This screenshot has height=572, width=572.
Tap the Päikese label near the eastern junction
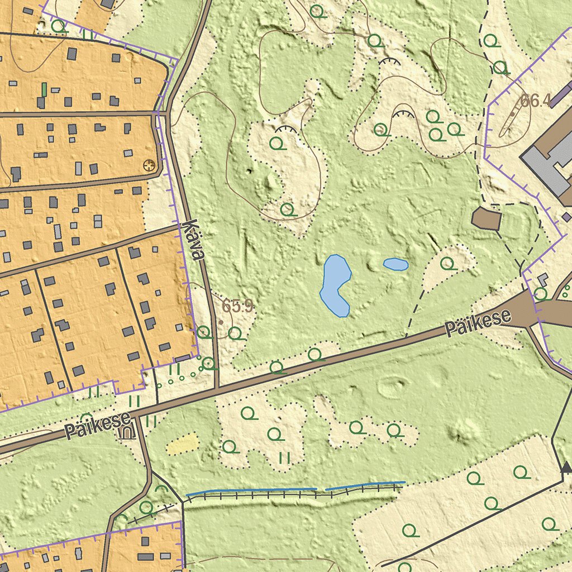click(478, 323)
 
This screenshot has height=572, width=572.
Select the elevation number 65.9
click(237, 306)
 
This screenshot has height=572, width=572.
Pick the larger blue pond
click(335, 284)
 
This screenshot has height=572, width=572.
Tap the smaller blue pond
click(395, 264)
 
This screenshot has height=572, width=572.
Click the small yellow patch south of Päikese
click(183, 445)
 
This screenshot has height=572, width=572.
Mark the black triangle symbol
click(566, 467)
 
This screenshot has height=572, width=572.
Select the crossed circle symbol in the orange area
click(149, 165)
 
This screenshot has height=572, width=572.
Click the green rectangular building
click(44, 89)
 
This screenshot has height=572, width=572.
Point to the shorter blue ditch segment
click(366, 485)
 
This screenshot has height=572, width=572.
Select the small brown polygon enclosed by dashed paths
click(485, 218)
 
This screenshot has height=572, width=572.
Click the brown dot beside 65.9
click(221, 322)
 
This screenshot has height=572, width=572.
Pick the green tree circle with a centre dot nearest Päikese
click(209, 363)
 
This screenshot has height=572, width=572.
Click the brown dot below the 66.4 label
click(512, 113)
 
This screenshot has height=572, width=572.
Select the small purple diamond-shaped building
click(566, 217)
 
